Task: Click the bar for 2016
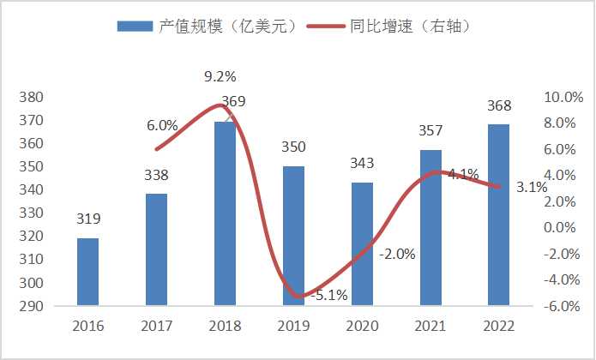click(x=87, y=272)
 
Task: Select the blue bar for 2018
click(x=225, y=214)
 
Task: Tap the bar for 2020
click(x=362, y=244)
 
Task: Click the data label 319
click(x=87, y=218)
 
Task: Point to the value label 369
click(x=232, y=102)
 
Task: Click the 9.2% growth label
click(x=220, y=78)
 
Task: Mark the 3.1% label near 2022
click(x=532, y=189)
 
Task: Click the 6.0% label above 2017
click(x=162, y=125)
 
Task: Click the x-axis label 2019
click(x=293, y=326)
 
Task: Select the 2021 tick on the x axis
click(x=430, y=326)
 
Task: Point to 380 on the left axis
click(x=32, y=97)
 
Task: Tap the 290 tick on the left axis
click(x=32, y=306)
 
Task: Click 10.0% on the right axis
click(x=562, y=97)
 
